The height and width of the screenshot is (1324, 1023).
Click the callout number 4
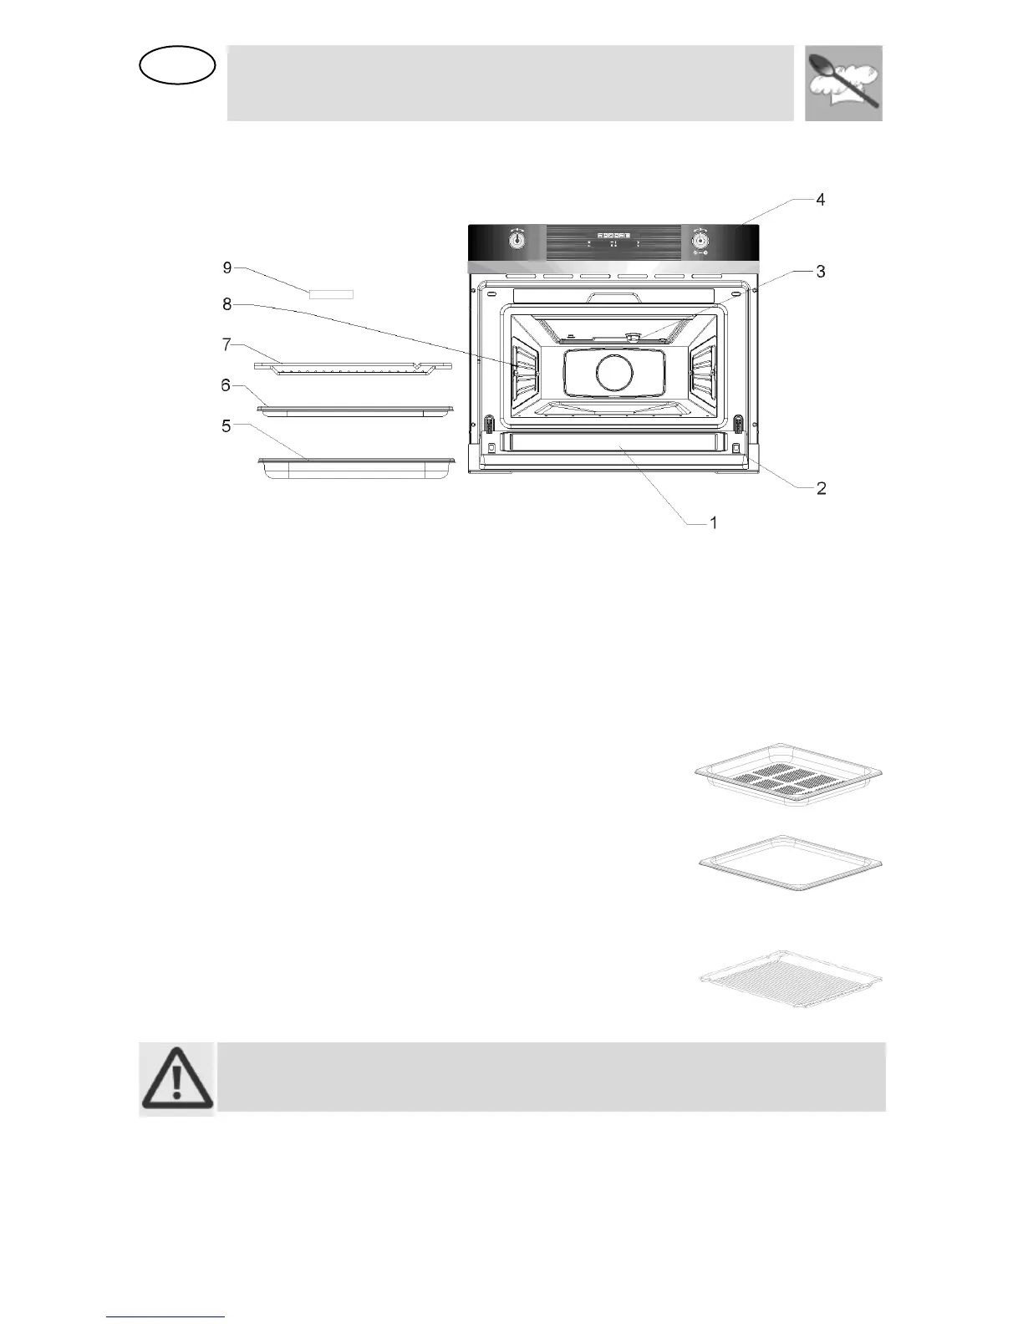tap(820, 200)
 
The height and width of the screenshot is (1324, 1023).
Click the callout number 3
tap(820, 272)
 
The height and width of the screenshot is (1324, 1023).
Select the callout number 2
tap(821, 488)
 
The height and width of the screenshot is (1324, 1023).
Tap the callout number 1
tap(713, 523)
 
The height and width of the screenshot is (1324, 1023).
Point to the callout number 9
tap(227, 267)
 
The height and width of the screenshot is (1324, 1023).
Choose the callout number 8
tap(227, 305)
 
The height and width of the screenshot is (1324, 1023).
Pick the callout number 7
tap(226, 344)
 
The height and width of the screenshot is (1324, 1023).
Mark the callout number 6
tap(226, 384)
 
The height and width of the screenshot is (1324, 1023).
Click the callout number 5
tap(226, 425)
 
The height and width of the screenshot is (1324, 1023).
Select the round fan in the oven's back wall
tap(615, 373)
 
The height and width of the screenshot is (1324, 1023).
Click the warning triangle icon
tap(177, 1078)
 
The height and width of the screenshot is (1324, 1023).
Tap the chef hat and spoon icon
tap(843, 83)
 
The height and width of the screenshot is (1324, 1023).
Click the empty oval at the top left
tap(178, 66)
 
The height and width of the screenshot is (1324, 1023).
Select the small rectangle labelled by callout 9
tap(331, 294)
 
